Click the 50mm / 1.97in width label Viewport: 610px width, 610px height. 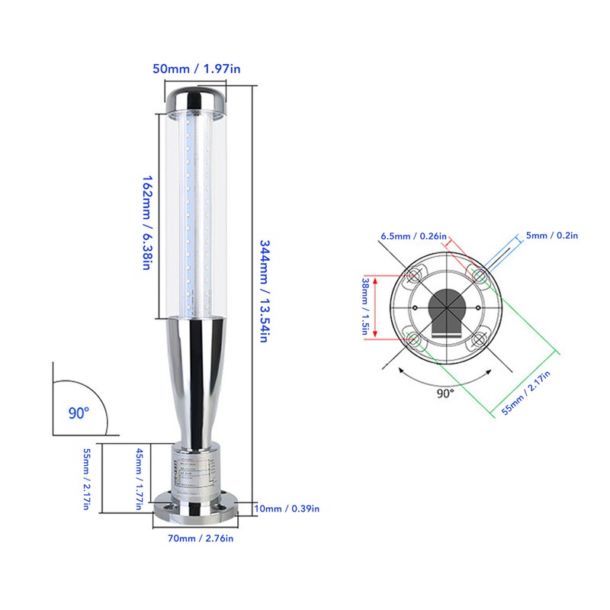[x=196, y=69]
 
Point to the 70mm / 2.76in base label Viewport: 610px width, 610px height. [x=197, y=539]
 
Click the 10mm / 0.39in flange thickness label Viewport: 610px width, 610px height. [x=288, y=509]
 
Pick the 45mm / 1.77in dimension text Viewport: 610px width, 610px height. [x=139, y=479]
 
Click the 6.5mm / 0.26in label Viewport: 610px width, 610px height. [x=413, y=236]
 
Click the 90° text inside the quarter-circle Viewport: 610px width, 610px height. [x=79, y=413]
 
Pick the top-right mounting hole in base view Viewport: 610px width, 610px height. [x=479, y=273]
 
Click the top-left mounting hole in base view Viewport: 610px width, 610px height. [x=415, y=274]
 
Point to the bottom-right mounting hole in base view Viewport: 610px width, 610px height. [x=478, y=339]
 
